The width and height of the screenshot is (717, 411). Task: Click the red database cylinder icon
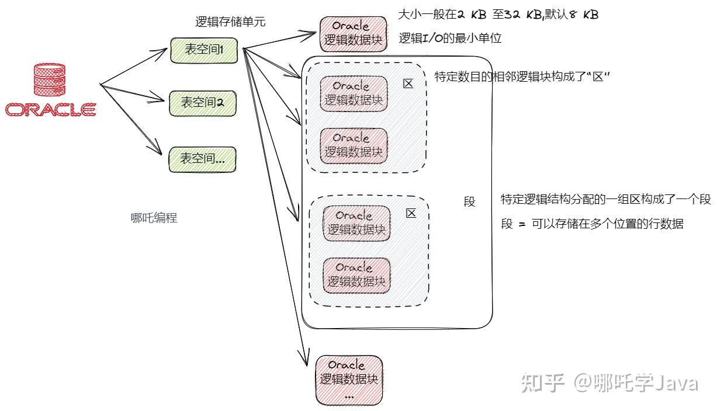click(x=50, y=81)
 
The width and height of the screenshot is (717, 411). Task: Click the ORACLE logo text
click(x=50, y=110)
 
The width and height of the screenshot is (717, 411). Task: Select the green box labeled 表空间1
click(x=204, y=50)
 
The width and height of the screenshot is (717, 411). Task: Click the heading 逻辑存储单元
click(x=230, y=22)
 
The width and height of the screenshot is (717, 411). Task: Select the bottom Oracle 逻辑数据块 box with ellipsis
click(x=349, y=380)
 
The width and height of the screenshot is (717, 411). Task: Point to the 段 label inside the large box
click(x=469, y=202)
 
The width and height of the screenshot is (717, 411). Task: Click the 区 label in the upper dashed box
click(x=408, y=83)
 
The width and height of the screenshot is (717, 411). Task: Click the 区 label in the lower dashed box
click(x=411, y=213)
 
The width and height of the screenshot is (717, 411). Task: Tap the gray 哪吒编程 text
click(x=154, y=218)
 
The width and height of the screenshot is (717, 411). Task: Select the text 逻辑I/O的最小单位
click(x=450, y=39)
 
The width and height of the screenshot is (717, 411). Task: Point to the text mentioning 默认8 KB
click(x=498, y=15)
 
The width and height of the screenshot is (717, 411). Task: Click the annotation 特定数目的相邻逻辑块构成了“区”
click(x=522, y=77)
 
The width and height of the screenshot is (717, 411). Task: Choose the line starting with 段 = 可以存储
click(x=592, y=224)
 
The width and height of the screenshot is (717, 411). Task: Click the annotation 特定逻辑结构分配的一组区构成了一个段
click(x=605, y=199)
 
